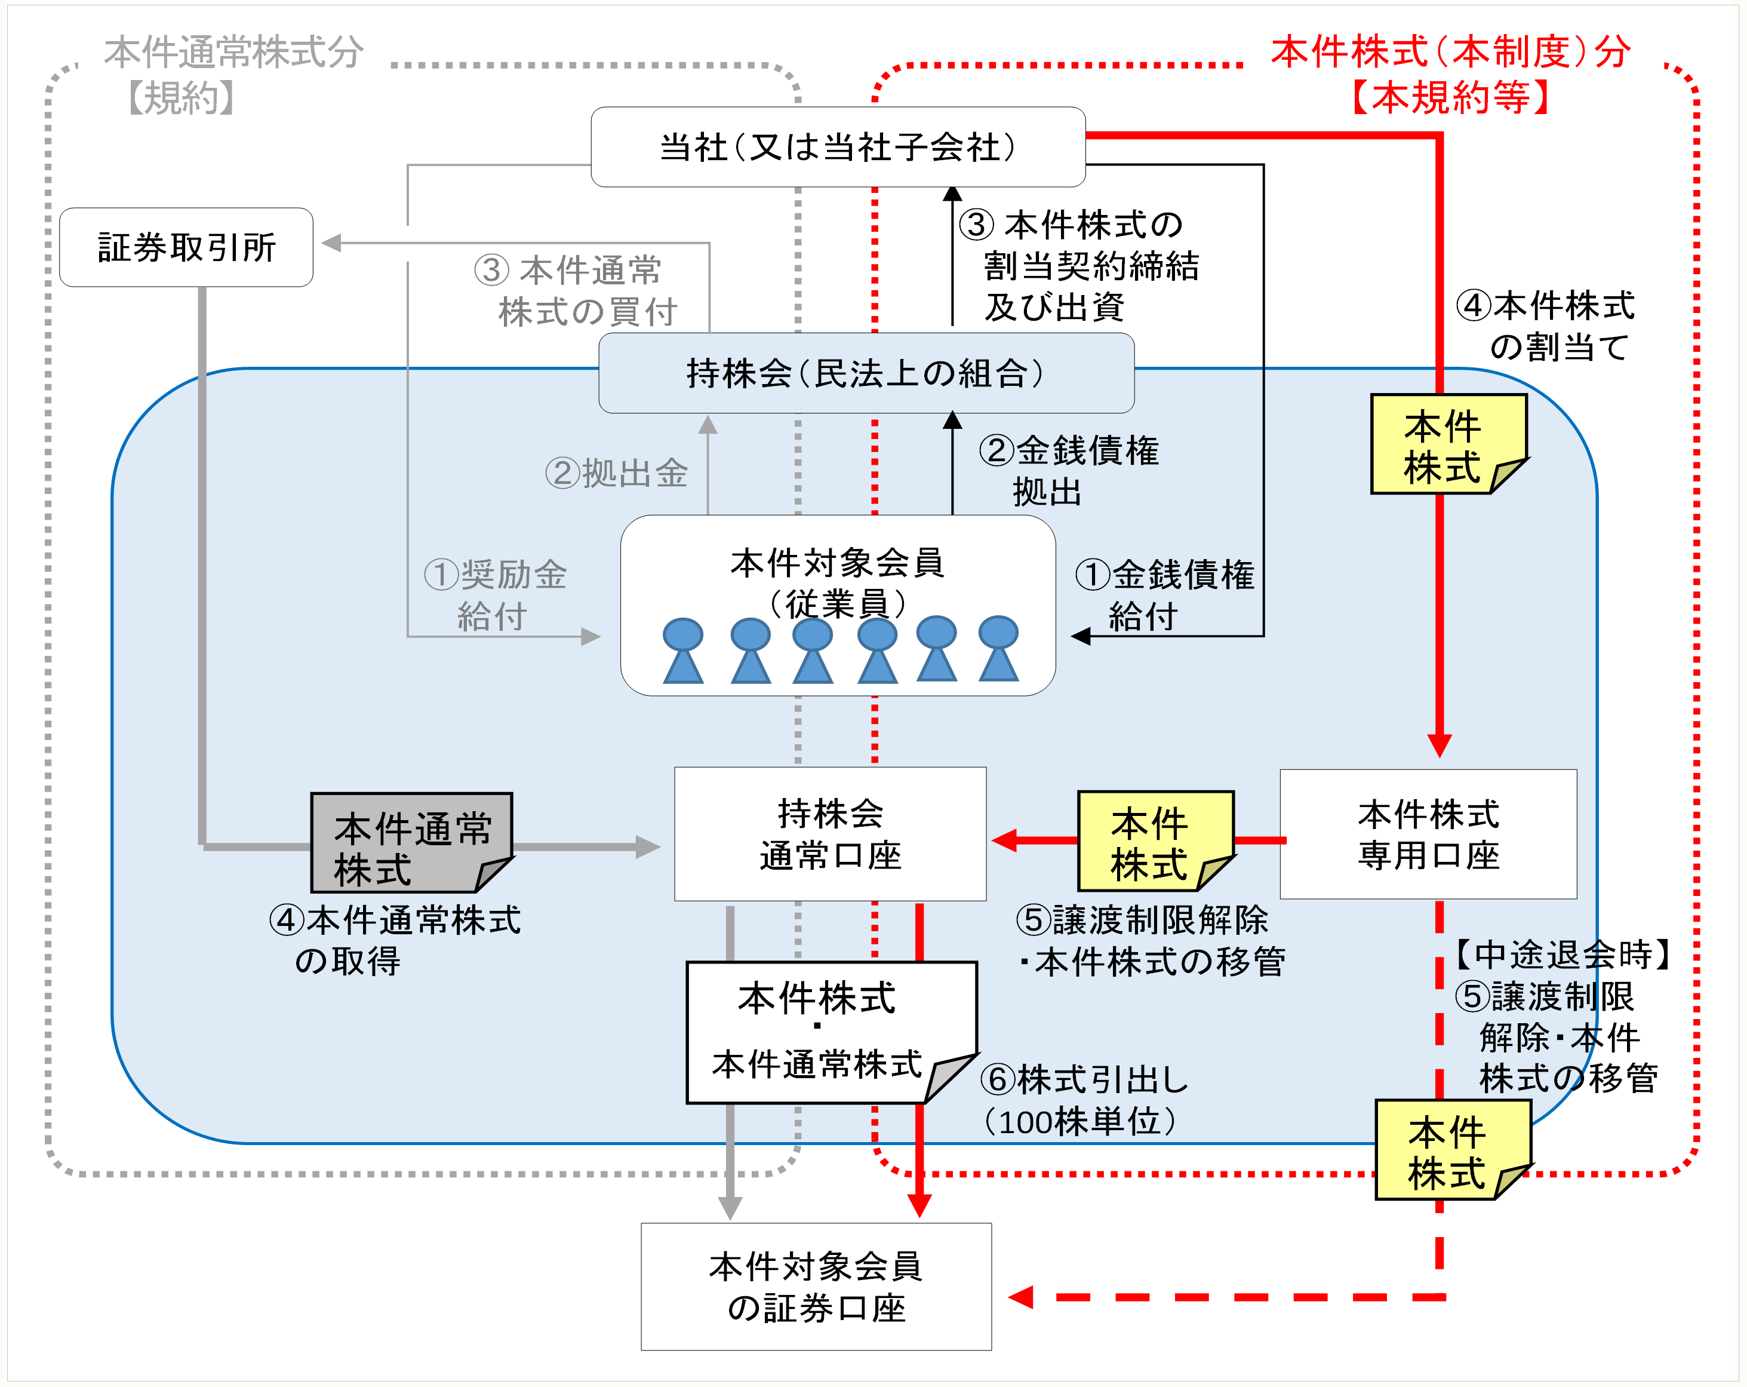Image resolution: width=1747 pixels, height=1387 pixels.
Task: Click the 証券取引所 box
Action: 186,247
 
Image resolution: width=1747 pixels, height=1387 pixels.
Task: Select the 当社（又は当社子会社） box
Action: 838,148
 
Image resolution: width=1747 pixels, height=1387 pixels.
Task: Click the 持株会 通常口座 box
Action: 830,834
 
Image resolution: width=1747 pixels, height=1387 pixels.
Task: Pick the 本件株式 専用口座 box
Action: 1428,834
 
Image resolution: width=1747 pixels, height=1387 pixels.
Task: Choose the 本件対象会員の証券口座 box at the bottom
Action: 816,1287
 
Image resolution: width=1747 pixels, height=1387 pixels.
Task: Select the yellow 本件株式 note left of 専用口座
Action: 1155,842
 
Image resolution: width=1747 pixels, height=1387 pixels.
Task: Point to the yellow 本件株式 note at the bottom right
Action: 1452,1149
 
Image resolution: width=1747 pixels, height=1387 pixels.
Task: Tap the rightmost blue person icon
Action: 998,649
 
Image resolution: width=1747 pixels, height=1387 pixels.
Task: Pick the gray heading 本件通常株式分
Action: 234,52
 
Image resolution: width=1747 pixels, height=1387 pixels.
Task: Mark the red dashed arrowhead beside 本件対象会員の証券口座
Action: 1021,1297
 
